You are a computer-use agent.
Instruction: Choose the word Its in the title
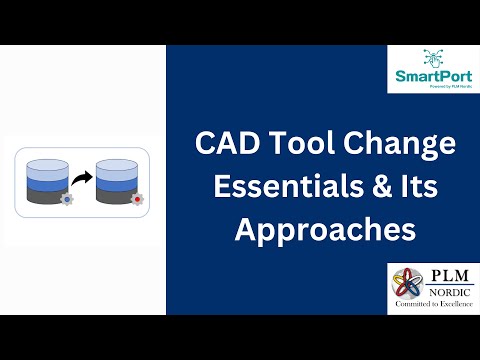[x=417, y=187]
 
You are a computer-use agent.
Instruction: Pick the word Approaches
[x=324, y=230]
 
